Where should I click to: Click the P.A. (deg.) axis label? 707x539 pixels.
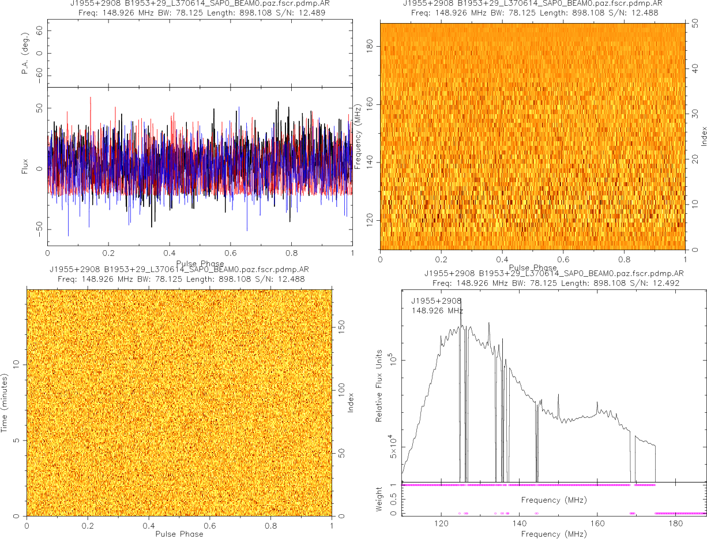point(24,53)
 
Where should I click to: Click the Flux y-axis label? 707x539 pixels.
point(24,166)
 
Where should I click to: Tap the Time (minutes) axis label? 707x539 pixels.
point(5,402)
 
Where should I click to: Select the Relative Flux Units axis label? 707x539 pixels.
point(379,385)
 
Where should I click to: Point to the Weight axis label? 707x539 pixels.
point(379,499)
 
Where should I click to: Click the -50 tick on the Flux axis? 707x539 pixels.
point(37,229)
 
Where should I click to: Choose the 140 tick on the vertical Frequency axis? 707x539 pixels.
point(370,163)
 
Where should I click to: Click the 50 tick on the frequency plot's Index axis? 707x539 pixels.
point(696,24)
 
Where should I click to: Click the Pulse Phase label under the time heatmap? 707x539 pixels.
point(179,534)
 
